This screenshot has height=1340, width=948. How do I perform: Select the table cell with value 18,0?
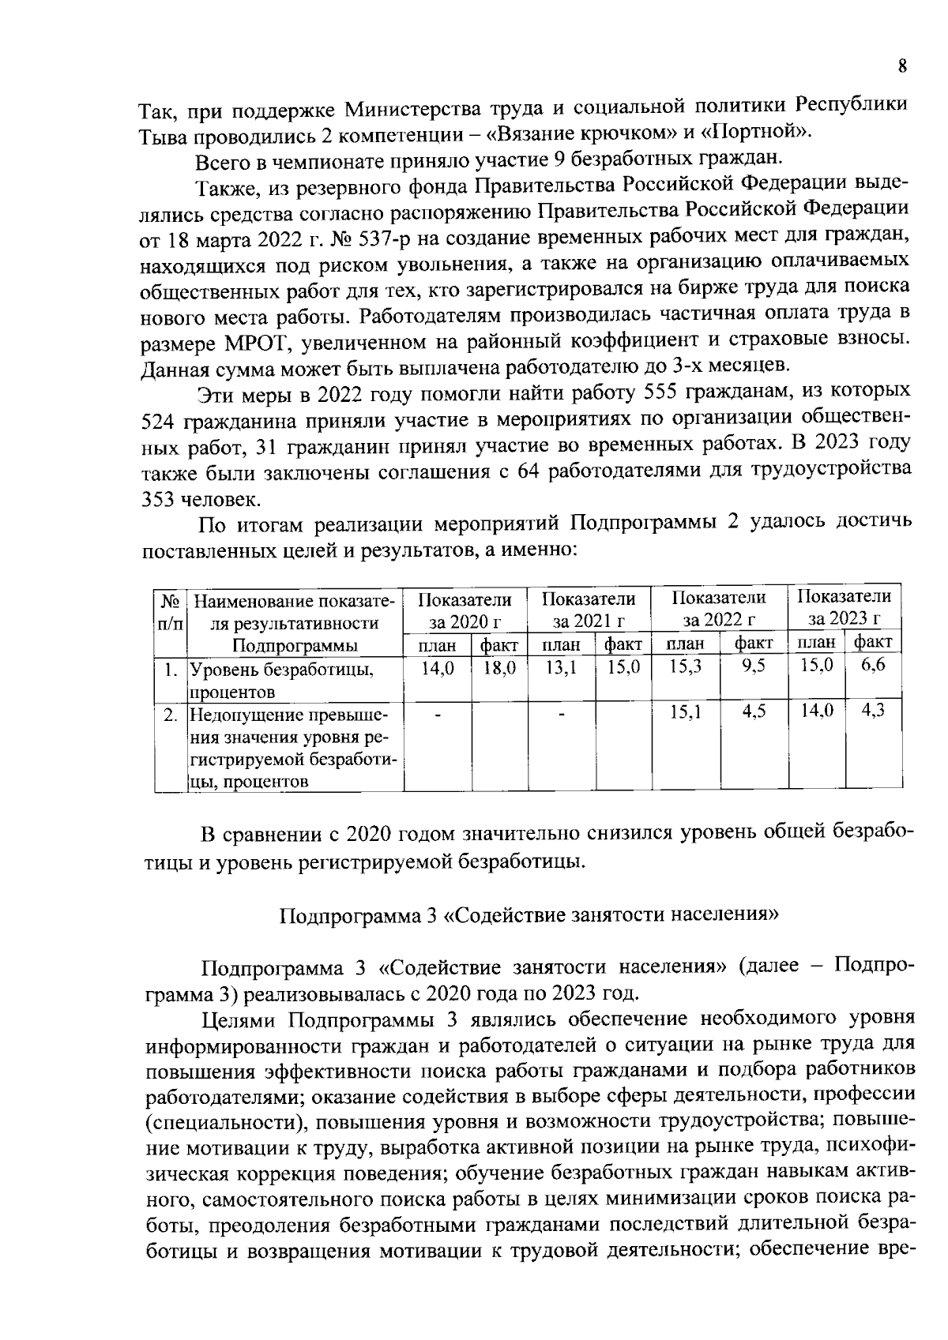499,668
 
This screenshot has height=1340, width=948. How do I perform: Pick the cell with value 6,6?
873,665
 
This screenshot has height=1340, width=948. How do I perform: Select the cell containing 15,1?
686,712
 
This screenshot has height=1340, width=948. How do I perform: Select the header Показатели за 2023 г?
844,606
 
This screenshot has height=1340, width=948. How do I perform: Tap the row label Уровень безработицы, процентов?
280,681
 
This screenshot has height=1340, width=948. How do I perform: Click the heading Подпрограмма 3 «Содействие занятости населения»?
529,915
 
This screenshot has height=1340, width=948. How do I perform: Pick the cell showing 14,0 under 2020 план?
437,668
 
